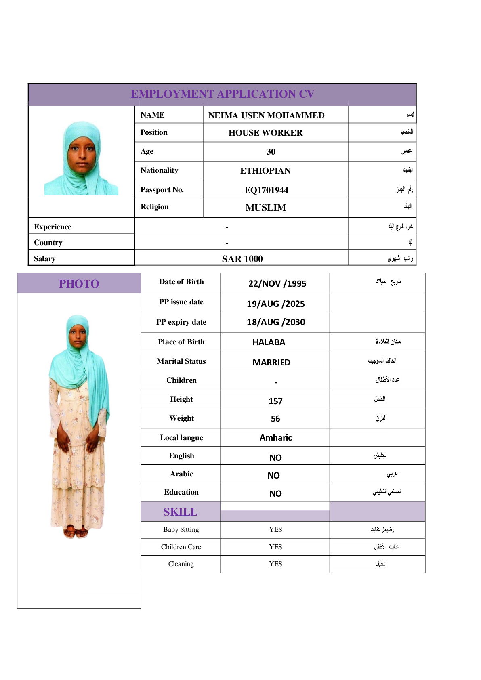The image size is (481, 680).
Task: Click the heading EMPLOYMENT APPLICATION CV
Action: click(x=222, y=94)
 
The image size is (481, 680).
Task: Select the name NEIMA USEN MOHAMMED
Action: click(x=266, y=115)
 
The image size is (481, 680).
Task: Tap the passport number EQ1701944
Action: click(x=266, y=190)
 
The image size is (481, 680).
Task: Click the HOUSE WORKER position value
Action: click(x=265, y=133)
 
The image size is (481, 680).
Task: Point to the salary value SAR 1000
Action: click(x=242, y=259)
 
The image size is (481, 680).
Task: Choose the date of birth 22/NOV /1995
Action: click(x=277, y=283)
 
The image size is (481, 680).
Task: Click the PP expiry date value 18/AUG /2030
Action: click(x=276, y=322)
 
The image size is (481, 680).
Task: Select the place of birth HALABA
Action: click(x=269, y=342)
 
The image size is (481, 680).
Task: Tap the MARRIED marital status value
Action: click(x=271, y=363)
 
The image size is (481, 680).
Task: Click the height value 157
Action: click(x=275, y=401)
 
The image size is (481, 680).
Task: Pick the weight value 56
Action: click(x=275, y=419)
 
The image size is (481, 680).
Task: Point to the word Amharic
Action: click(x=275, y=438)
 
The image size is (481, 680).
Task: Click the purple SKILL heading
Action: click(x=181, y=512)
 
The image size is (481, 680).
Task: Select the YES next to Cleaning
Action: click(x=275, y=564)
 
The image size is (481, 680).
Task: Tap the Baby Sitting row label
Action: click(x=181, y=529)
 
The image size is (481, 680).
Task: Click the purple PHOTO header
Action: click(x=79, y=283)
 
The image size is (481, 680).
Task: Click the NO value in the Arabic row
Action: click(x=273, y=475)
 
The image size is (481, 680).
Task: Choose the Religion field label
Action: click(x=154, y=207)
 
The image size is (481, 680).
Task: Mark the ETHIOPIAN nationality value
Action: click(x=265, y=171)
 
